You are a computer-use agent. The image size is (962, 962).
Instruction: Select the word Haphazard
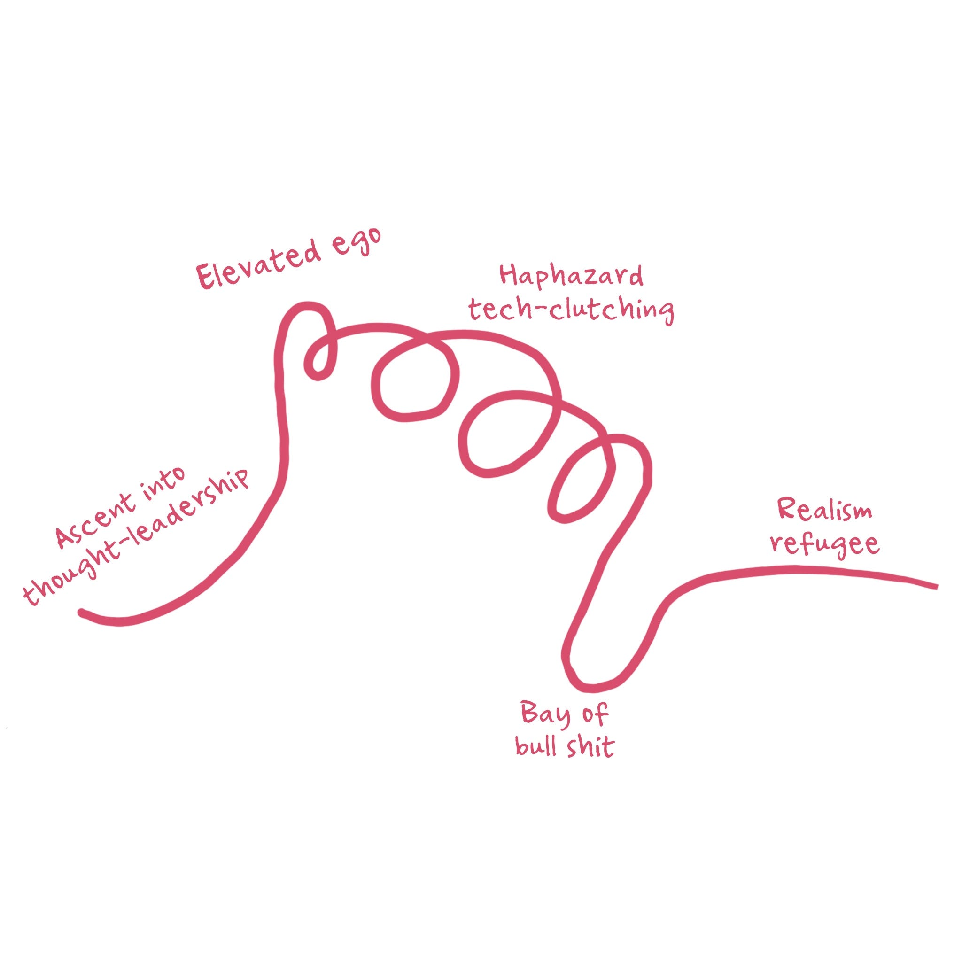pyautogui.click(x=571, y=276)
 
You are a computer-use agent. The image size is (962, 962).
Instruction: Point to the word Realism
pyautogui.click(x=824, y=512)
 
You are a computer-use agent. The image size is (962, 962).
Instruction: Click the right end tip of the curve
pyautogui.click(x=936, y=586)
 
